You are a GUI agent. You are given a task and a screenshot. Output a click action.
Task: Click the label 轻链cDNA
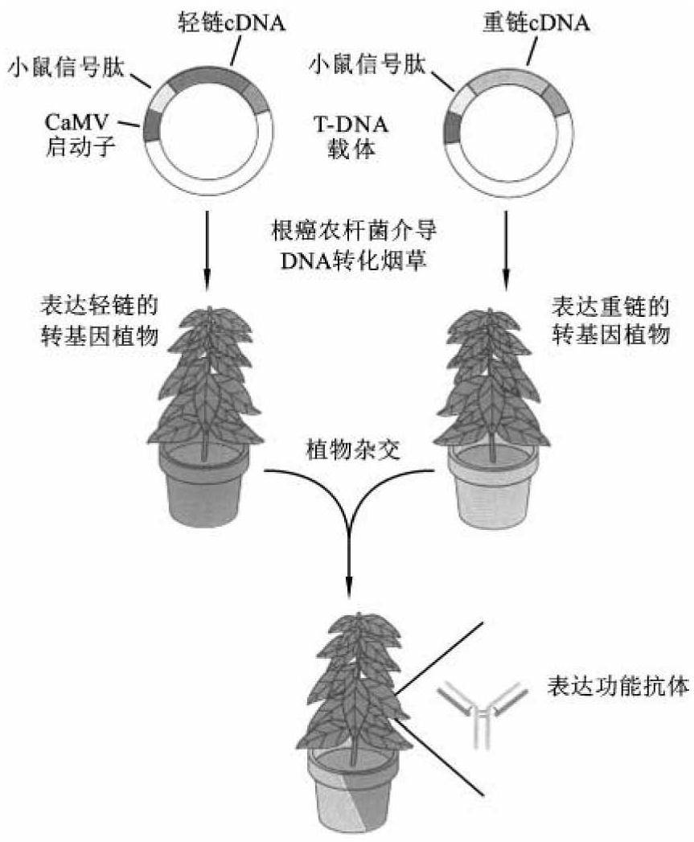coord(230,23)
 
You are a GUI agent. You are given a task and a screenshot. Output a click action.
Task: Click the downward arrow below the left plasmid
coord(207,249)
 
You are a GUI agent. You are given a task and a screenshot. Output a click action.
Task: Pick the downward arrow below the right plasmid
coord(506,249)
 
